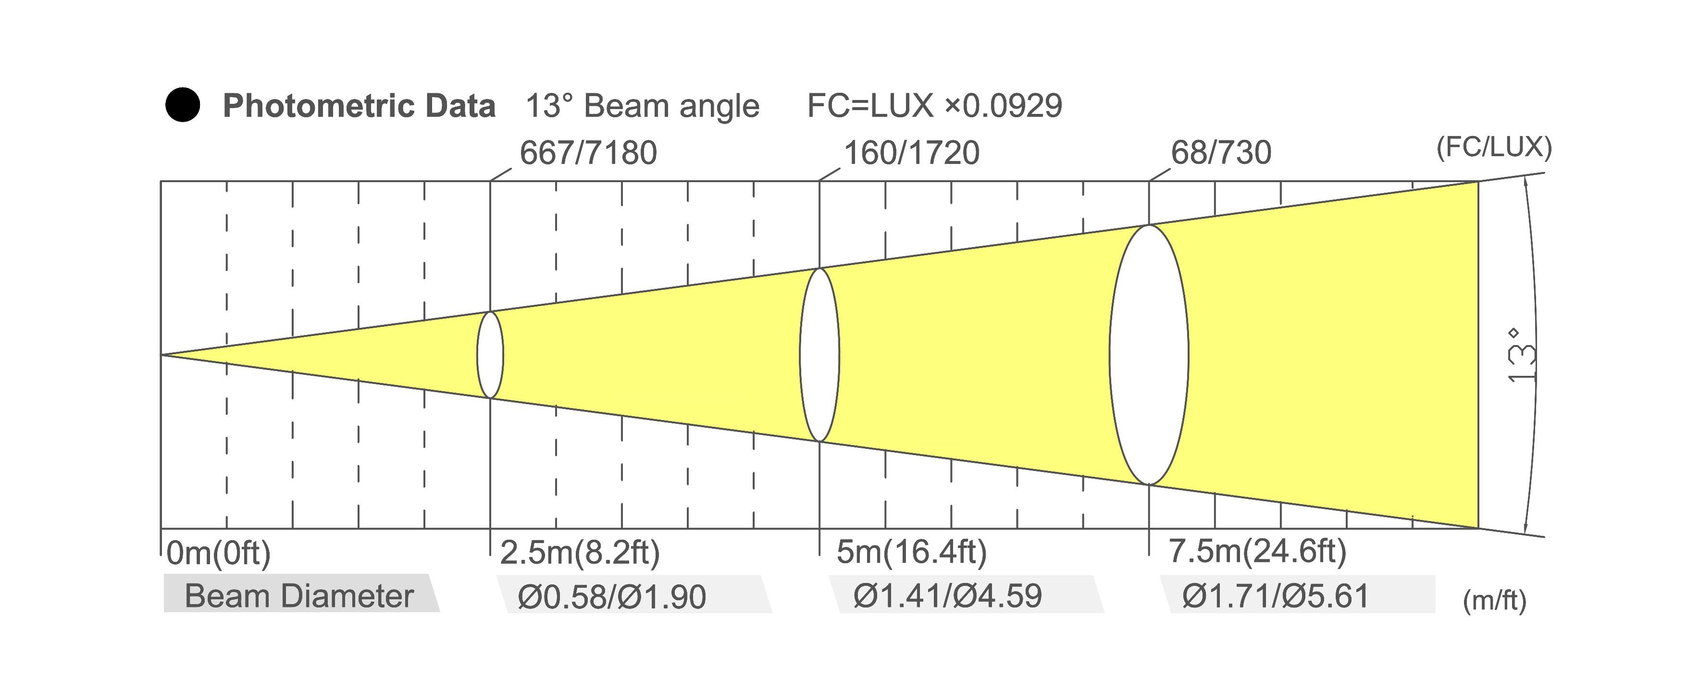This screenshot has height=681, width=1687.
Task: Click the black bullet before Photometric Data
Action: coord(183,105)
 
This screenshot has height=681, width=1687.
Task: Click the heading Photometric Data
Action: coord(359,105)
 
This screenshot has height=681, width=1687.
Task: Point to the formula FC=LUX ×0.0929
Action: coord(934,105)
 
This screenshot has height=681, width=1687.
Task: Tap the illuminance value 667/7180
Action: coord(588,152)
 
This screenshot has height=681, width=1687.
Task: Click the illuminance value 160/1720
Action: coord(912,152)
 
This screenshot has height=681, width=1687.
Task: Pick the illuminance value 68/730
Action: coord(1221,152)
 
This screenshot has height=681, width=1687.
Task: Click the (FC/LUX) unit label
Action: coord(1494,148)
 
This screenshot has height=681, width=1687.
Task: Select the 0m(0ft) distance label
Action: coord(219,553)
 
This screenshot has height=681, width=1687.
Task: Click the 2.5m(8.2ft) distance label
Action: coord(580,553)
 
